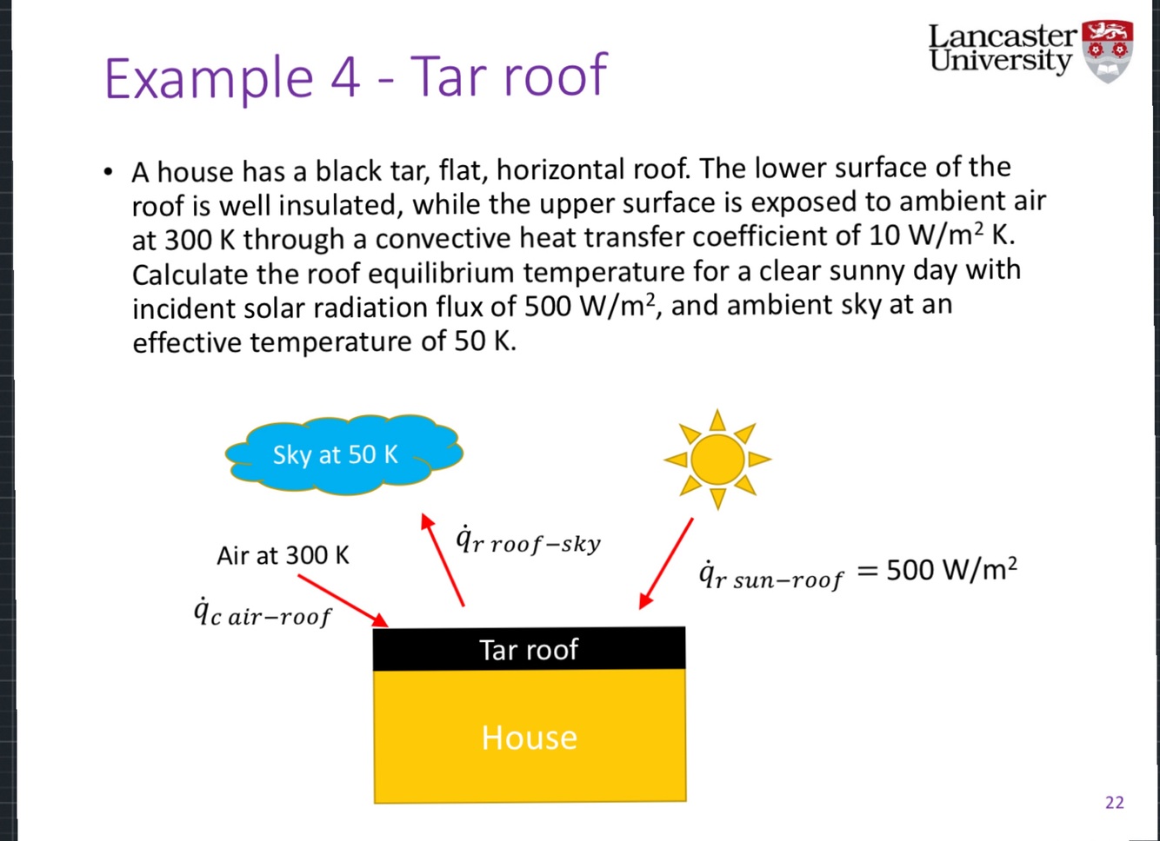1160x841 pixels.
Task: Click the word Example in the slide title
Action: (x=208, y=78)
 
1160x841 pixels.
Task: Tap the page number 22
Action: (x=1114, y=802)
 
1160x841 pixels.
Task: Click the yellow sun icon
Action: (x=717, y=459)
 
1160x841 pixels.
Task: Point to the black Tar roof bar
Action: (x=529, y=649)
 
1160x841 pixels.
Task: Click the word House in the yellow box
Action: (x=529, y=738)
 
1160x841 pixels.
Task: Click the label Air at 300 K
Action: (x=283, y=555)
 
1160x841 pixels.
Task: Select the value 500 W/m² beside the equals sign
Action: (x=951, y=569)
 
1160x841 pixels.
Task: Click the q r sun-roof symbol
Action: (x=770, y=576)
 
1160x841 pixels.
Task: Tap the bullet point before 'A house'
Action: (x=107, y=171)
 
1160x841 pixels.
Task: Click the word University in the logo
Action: (x=1000, y=61)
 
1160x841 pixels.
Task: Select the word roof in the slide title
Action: (x=557, y=76)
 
